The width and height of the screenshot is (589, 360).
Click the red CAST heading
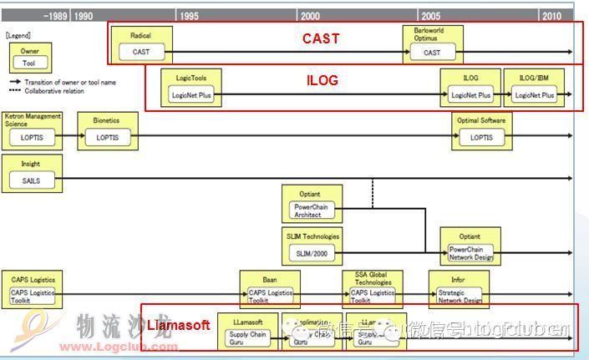(321, 38)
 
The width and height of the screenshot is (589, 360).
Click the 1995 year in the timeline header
(189, 16)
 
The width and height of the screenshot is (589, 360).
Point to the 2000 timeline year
(310, 16)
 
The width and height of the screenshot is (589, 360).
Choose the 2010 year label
(551, 16)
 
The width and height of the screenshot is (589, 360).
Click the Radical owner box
(140, 44)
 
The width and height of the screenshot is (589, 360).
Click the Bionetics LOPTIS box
(107, 130)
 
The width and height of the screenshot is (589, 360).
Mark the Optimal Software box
(481, 130)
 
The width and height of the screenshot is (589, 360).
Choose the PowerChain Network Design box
(470, 246)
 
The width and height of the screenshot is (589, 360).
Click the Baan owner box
(269, 289)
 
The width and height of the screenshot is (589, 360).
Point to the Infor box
(459, 289)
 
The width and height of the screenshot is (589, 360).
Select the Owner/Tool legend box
(29, 57)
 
